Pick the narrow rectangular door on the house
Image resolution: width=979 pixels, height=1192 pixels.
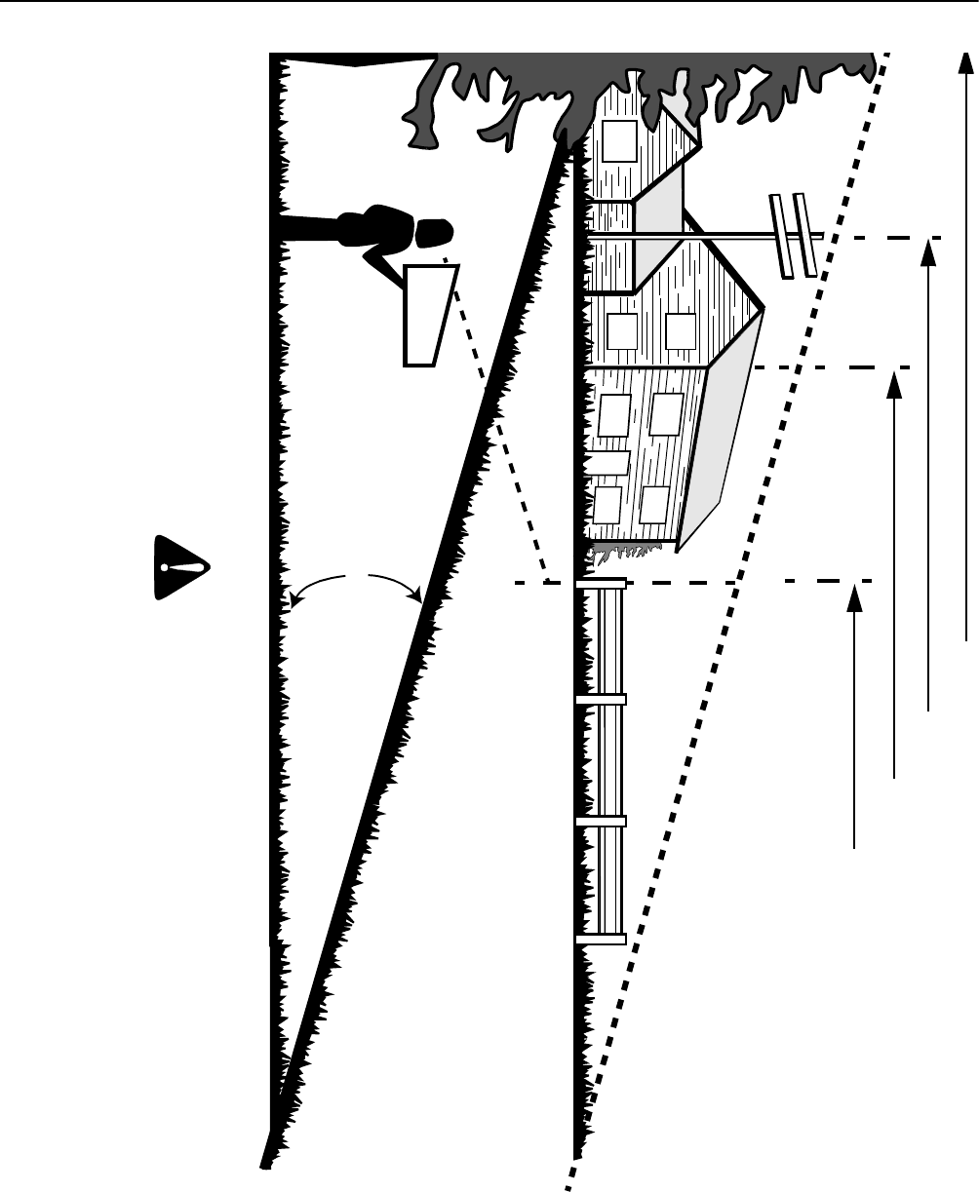point(607,462)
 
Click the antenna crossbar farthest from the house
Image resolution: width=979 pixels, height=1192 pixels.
point(805,234)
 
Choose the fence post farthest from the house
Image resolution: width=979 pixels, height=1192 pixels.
point(600,939)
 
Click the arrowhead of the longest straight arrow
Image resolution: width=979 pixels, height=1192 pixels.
point(965,61)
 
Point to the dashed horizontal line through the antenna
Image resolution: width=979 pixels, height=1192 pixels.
point(878,237)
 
